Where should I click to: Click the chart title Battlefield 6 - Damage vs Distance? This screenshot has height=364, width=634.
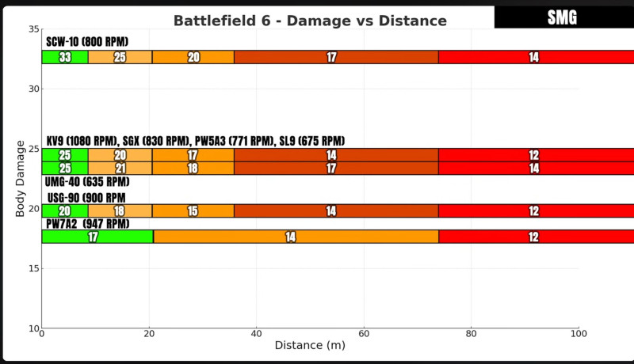point(310,21)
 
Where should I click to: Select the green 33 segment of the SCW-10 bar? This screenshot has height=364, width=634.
point(65,57)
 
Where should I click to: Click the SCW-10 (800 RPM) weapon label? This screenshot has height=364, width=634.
point(87,42)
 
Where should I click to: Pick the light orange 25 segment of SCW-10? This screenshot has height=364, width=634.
point(120,57)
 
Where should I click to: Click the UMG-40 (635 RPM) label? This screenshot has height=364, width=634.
point(87,182)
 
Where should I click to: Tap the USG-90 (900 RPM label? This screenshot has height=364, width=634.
point(86,197)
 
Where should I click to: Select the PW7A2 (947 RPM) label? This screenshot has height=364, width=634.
point(87,224)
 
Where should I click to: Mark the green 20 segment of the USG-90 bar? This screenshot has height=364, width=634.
point(65,210)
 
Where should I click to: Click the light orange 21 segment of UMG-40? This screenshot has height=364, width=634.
point(120,168)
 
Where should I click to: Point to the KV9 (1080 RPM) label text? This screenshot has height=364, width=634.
point(82,141)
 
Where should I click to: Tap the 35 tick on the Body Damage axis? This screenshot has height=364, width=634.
point(34,29)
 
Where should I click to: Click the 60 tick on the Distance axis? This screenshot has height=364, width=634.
point(364,334)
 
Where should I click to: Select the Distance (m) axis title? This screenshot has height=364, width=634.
point(310,346)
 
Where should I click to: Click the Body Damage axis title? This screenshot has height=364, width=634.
point(21,178)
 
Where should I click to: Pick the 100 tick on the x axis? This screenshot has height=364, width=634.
point(579,334)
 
